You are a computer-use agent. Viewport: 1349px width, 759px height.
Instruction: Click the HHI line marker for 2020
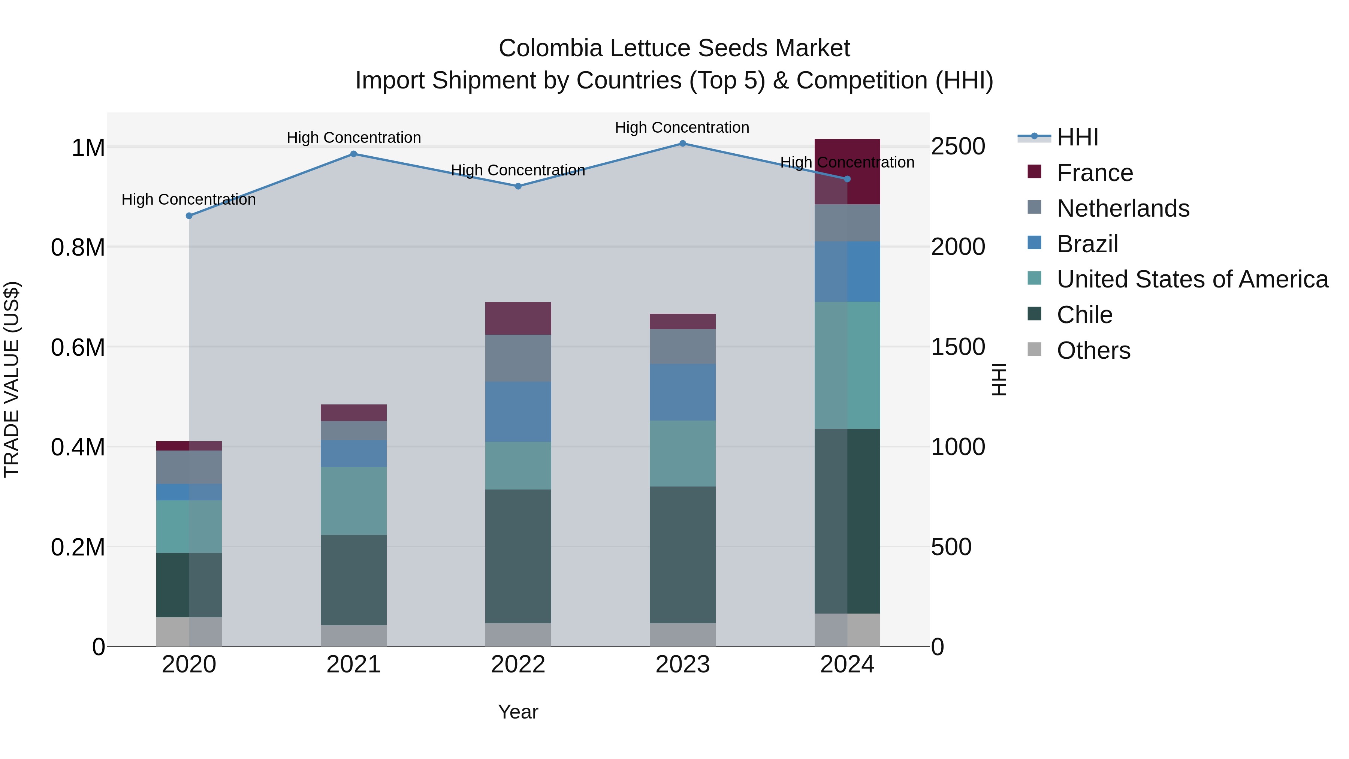(189, 216)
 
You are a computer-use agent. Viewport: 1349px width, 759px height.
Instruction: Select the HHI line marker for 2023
(682, 144)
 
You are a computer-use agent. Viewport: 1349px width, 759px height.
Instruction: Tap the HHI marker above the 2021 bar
(353, 154)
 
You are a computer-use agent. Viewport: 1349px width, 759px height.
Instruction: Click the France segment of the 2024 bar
(847, 171)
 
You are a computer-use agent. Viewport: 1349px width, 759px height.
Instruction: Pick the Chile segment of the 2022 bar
(518, 556)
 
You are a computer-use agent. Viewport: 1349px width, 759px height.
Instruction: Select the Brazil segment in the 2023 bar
(682, 392)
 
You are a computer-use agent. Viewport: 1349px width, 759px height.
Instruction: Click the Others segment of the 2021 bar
(353, 635)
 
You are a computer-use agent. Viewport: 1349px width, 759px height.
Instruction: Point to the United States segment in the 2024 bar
(847, 365)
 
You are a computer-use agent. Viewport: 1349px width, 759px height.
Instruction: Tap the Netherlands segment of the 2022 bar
(518, 358)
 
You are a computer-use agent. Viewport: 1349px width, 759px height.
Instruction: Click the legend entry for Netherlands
(1123, 208)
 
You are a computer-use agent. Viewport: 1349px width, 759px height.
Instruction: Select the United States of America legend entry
(1192, 279)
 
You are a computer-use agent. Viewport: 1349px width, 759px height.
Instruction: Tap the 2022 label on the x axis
(518, 665)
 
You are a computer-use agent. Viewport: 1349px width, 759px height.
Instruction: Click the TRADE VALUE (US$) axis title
(12, 379)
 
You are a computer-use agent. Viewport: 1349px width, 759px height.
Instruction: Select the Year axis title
(518, 712)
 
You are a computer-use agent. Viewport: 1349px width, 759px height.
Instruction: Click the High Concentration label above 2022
(517, 170)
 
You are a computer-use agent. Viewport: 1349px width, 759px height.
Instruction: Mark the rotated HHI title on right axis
(999, 379)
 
